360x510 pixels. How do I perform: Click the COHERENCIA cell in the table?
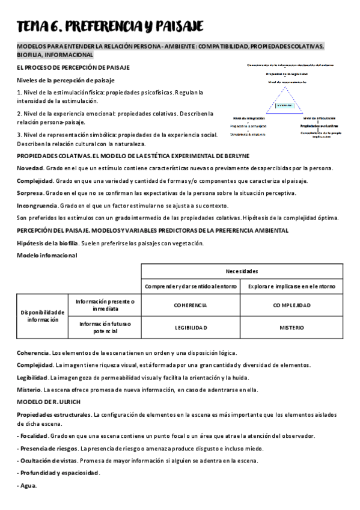pyautogui.click(x=191, y=305)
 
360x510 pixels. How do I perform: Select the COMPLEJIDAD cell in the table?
pyautogui.click(x=291, y=305)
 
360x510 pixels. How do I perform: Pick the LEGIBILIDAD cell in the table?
pyautogui.click(x=191, y=328)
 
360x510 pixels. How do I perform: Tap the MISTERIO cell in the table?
pyautogui.click(x=291, y=328)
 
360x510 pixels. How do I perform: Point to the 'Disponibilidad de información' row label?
pyautogui.click(x=42, y=316)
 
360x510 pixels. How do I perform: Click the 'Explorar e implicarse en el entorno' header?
pyautogui.click(x=291, y=286)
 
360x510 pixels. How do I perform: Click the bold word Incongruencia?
pyautogui.click(x=37, y=205)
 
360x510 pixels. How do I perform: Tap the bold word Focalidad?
pyautogui.click(x=34, y=435)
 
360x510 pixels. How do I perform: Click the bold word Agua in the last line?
pyautogui.click(x=28, y=485)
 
